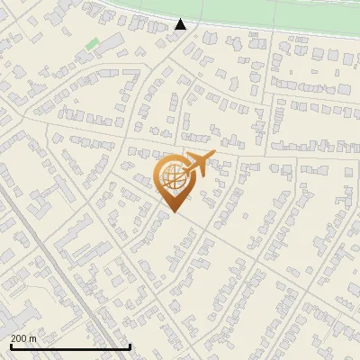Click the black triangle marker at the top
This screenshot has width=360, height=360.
click(x=181, y=24)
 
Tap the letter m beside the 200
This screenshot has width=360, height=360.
click(x=33, y=338)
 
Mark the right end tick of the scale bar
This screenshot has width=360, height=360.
click(x=130, y=346)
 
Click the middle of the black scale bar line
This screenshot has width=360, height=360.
click(x=69, y=347)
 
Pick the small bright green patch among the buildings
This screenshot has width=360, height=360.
click(x=92, y=42)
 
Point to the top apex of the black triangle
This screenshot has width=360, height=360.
click(x=181, y=19)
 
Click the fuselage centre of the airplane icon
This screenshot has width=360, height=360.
click(x=198, y=165)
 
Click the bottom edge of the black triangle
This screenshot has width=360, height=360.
click(x=181, y=29)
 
